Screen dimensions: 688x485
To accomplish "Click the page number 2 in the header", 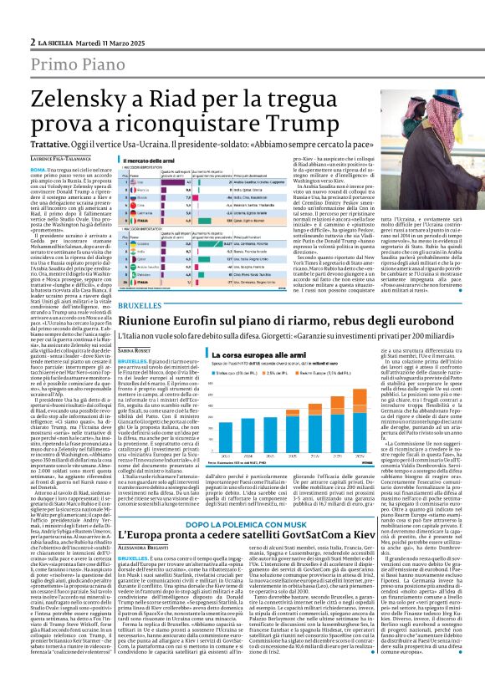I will coord(32,41).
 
